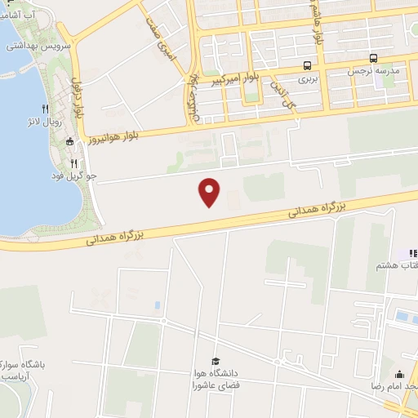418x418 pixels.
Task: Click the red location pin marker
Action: [211, 191]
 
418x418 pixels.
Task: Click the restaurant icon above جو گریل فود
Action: [74, 162]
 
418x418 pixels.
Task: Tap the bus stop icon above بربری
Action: [306, 65]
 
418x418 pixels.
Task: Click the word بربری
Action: [306, 80]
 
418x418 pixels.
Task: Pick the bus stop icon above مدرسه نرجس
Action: [372, 58]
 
